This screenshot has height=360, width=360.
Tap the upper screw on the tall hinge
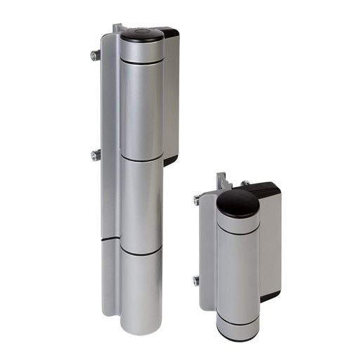(94, 55)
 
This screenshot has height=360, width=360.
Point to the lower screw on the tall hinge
(95, 154)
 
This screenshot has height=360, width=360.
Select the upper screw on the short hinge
(196, 200)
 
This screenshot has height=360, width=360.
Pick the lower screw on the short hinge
(197, 281)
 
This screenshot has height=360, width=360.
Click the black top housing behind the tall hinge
(167, 34)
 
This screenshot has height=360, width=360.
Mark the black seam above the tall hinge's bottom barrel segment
(141, 249)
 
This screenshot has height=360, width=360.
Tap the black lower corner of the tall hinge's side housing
(170, 160)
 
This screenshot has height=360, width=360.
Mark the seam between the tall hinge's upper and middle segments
(141, 158)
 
